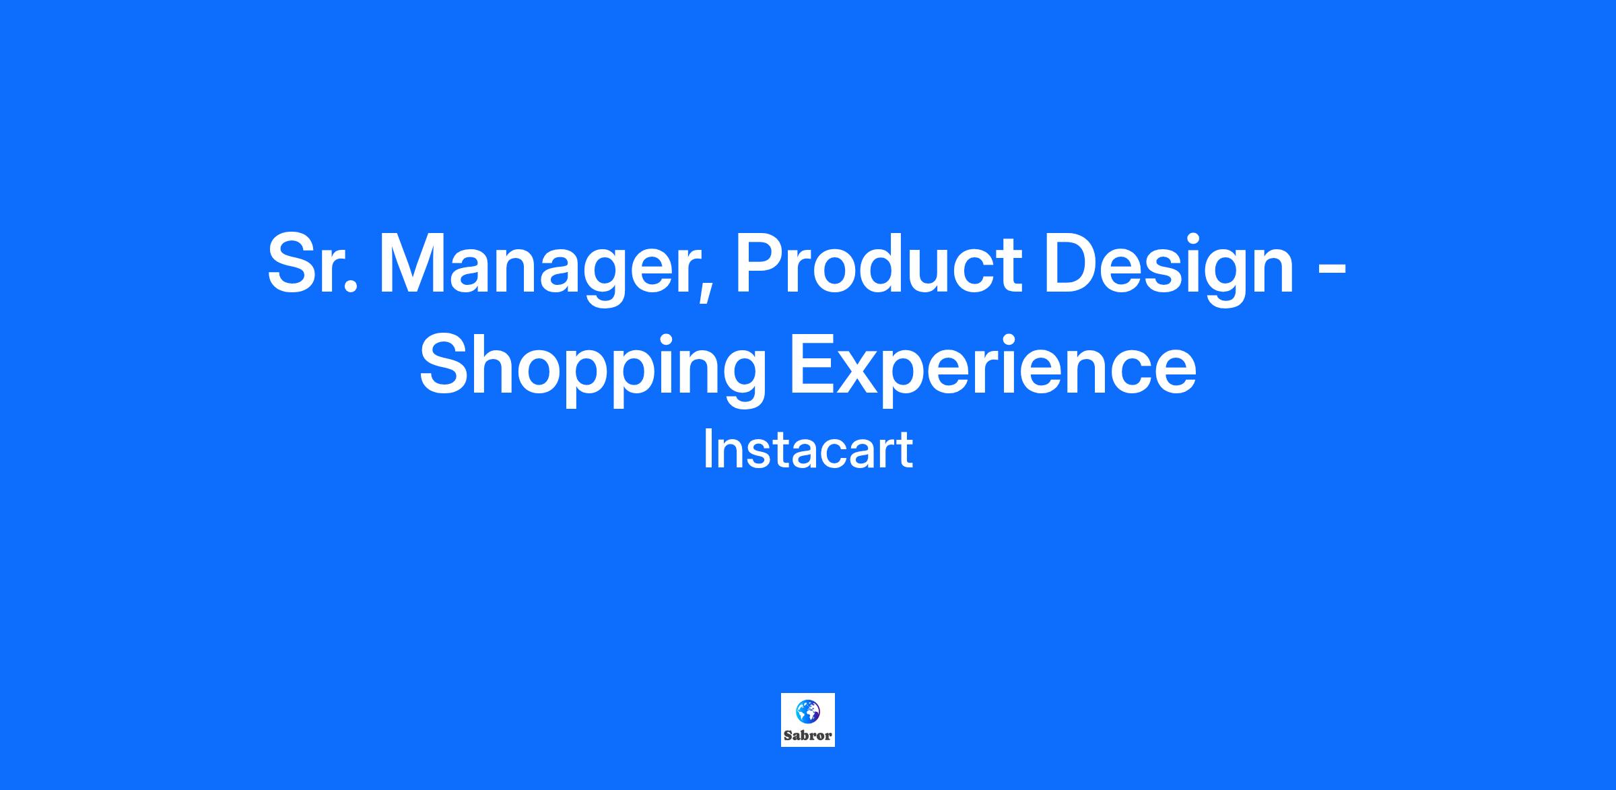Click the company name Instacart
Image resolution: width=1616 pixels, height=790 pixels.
click(808, 449)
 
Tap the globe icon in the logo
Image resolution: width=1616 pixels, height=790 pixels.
click(807, 711)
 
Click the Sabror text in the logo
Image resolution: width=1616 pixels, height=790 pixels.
click(808, 735)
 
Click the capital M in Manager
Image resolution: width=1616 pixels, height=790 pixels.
click(412, 264)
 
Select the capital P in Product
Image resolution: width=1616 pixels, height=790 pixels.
click(760, 264)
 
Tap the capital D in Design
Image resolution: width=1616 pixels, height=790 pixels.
click(1072, 264)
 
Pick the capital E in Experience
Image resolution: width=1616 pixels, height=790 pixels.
click(812, 364)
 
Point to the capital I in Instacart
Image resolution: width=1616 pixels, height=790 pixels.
click(706, 449)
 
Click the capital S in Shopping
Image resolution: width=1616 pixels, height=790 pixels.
click(444, 364)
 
